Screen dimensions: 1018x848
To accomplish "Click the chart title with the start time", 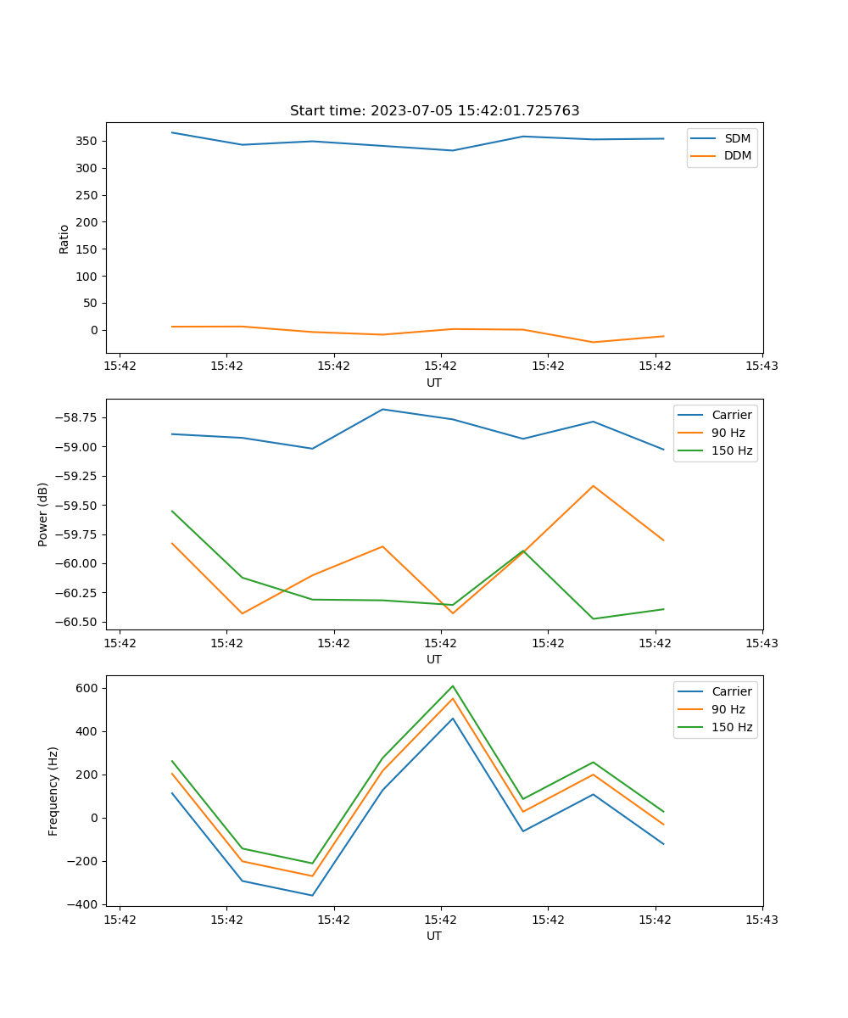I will (434, 111).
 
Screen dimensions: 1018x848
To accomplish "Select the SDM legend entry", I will (737, 138).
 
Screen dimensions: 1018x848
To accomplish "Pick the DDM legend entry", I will (737, 155).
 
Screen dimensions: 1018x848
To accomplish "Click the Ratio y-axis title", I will (64, 239).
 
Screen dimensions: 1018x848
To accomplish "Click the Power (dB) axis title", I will (43, 514).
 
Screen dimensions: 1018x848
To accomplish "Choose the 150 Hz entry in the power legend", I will (732, 450).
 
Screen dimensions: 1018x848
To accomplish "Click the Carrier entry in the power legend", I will (732, 415).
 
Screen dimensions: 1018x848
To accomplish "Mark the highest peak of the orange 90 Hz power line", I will (593, 486).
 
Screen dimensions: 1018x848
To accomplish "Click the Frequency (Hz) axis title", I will (53, 791).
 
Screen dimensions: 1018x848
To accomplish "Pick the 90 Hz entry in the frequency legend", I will (728, 709).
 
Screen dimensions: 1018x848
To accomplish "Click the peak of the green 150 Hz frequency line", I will (453, 686).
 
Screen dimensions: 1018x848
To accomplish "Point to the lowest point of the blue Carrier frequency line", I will (312, 895).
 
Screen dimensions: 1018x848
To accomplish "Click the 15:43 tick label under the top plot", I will (762, 366).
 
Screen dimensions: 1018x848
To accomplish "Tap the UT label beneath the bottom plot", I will (434, 936).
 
